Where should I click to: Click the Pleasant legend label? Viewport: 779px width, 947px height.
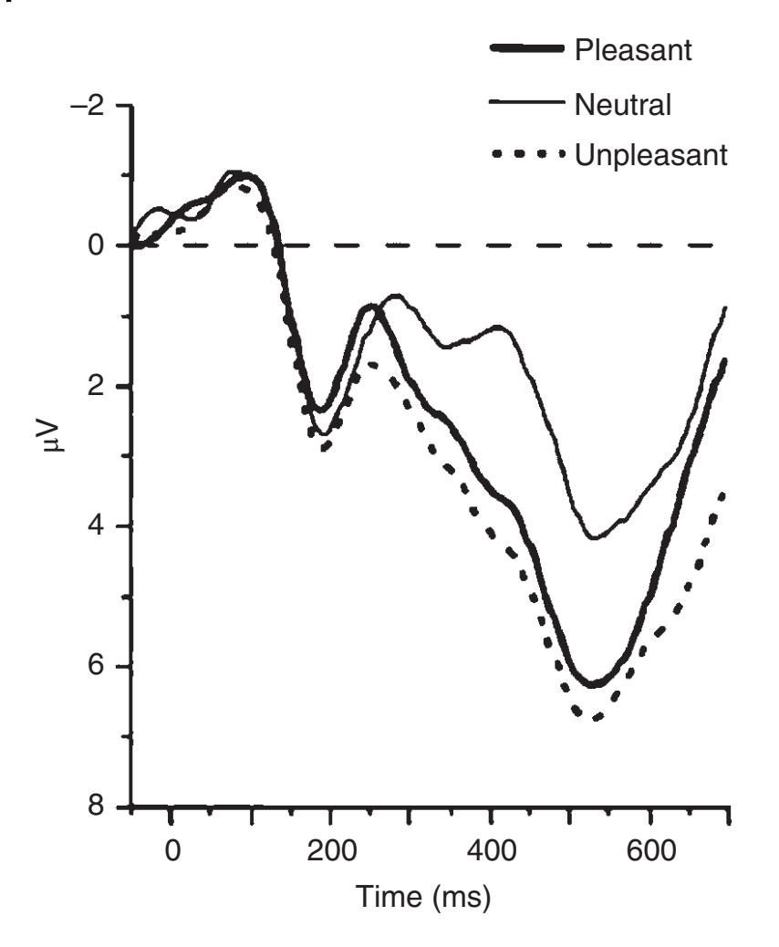[x=633, y=51]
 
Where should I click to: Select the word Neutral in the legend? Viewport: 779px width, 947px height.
[x=623, y=106]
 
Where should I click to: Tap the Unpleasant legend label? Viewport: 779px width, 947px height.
[x=650, y=156]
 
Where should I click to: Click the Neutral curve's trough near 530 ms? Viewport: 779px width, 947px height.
[x=595, y=538]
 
